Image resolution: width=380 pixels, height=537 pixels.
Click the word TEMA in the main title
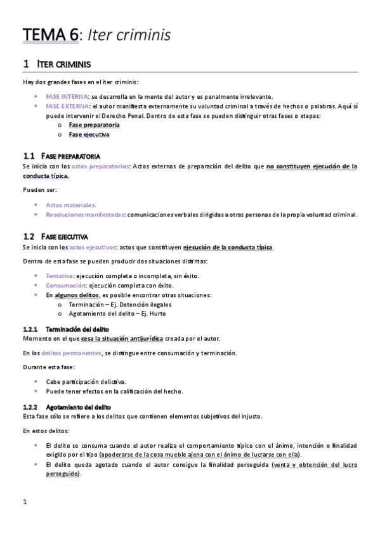pyautogui.click(x=43, y=35)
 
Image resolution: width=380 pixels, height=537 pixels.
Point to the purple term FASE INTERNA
pyautogui.click(x=67, y=96)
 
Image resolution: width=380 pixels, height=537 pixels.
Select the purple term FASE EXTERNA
pyautogui.click(x=67, y=106)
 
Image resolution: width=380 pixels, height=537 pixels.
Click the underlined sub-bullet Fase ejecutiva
pyautogui.click(x=89, y=135)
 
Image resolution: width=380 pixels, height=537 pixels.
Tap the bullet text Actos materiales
pyautogui.click(x=71, y=205)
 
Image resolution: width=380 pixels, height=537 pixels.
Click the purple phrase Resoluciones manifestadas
pyautogui.click(x=85, y=215)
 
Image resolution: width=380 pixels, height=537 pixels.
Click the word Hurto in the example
pyautogui.click(x=158, y=314)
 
